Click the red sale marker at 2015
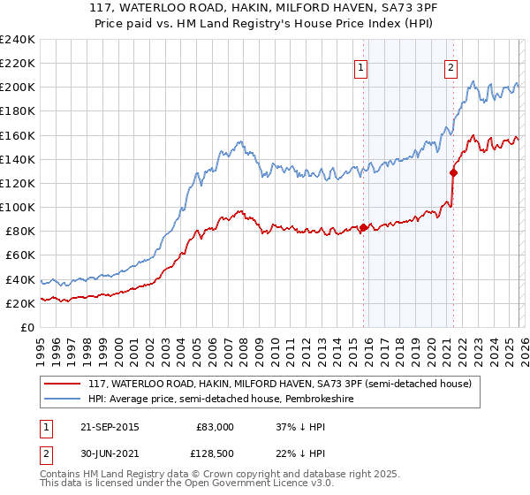[x=363, y=227]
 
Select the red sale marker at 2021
[x=453, y=172]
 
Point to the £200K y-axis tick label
[x=17, y=88]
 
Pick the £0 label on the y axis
[x=27, y=327]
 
